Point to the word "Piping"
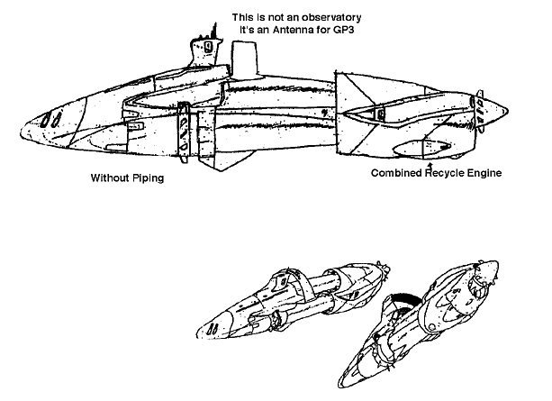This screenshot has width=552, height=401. tap(152, 178)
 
